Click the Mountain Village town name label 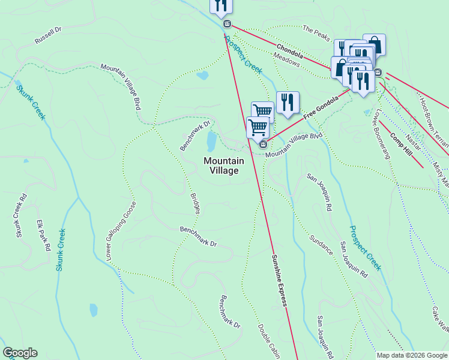[224, 166]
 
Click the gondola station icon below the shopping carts [262, 144]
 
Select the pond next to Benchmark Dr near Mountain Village [211, 142]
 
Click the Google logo [20, 353]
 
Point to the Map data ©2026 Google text [411, 355]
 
